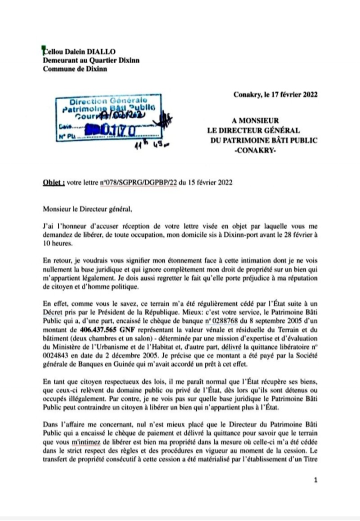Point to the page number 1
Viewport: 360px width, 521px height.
click(x=315, y=480)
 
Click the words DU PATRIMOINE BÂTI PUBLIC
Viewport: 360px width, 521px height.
click(x=264, y=140)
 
